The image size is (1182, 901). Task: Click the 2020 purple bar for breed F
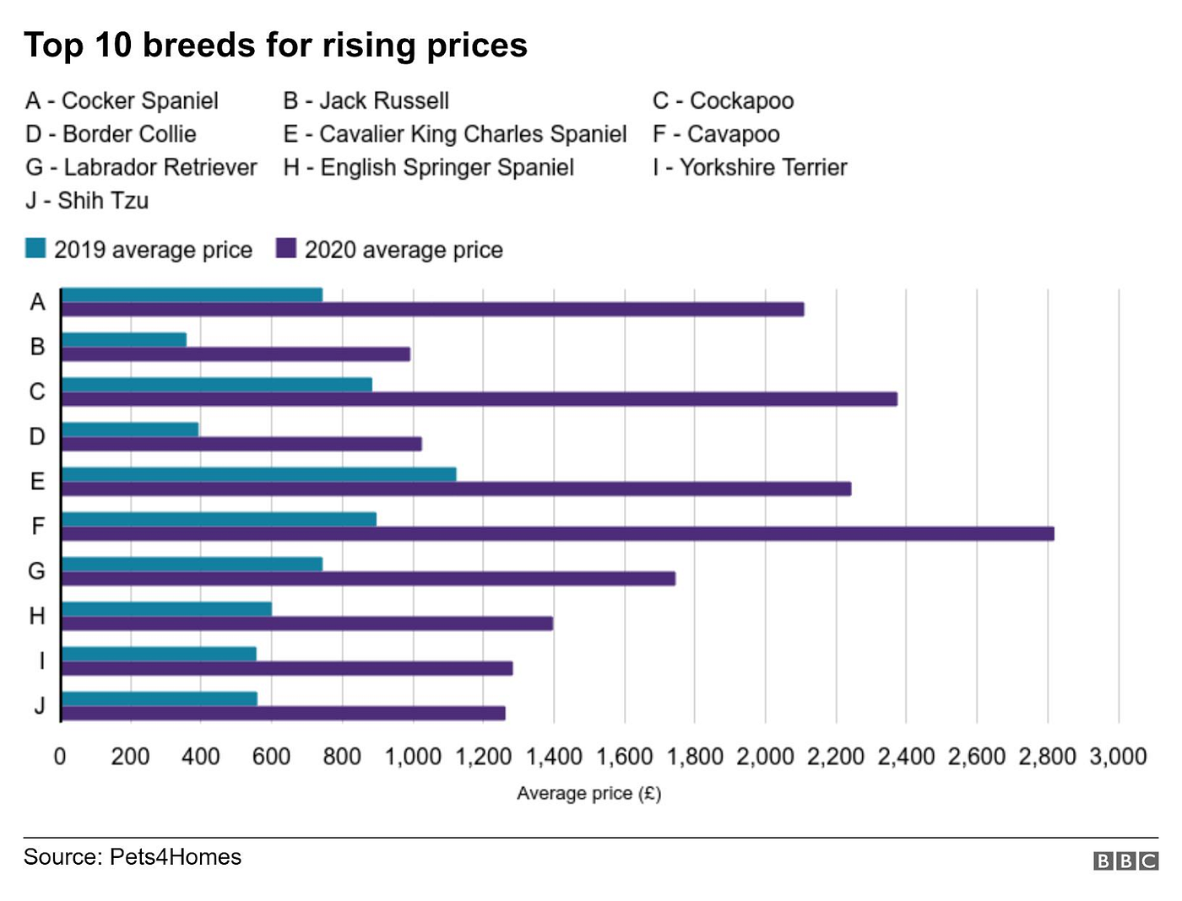click(x=557, y=533)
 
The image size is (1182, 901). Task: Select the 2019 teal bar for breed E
click(x=258, y=474)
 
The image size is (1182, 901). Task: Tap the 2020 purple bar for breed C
click(x=479, y=399)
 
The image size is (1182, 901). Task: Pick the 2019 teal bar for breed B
click(x=124, y=339)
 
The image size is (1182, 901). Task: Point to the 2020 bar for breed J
click(x=283, y=713)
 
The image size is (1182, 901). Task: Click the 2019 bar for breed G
click(x=192, y=564)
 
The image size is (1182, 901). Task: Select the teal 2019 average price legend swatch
click(x=35, y=248)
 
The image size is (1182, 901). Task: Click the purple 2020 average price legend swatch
click(x=286, y=248)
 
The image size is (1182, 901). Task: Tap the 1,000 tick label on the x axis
click(x=413, y=757)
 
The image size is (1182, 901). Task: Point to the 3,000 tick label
click(x=1118, y=757)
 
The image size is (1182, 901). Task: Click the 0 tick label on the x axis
click(x=60, y=757)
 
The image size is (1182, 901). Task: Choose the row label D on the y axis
click(x=37, y=436)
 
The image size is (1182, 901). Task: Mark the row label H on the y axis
click(x=37, y=616)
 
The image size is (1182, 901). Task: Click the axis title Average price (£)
click(x=588, y=793)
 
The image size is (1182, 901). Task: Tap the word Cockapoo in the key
click(x=741, y=101)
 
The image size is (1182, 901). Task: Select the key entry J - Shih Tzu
click(x=87, y=201)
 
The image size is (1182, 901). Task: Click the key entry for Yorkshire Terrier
click(x=750, y=167)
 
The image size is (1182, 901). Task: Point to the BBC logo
click(x=1125, y=861)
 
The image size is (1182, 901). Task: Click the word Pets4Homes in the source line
click(x=176, y=857)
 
